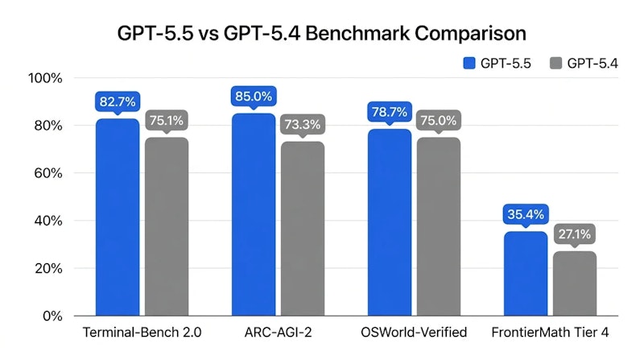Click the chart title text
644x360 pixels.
point(322,33)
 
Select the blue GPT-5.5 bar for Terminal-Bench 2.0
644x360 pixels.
point(118,217)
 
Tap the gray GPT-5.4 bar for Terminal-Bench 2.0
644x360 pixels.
point(167,226)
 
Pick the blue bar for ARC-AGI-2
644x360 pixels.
point(254,214)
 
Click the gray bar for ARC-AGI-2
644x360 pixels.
point(303,229)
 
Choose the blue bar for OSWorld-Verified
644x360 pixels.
point(390,222)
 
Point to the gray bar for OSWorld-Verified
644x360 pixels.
point(439,226)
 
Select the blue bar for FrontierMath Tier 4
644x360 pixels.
point(526,274)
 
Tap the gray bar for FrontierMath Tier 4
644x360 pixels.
point(575,283)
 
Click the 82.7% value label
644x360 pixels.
point(118,101)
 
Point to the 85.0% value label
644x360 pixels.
point(254,96)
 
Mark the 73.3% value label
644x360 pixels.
point(303,124)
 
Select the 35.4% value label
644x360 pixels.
point(526,214)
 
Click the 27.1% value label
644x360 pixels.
point(575,234)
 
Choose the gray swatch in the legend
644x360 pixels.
point(556,63)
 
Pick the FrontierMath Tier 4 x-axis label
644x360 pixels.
point(550,333)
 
